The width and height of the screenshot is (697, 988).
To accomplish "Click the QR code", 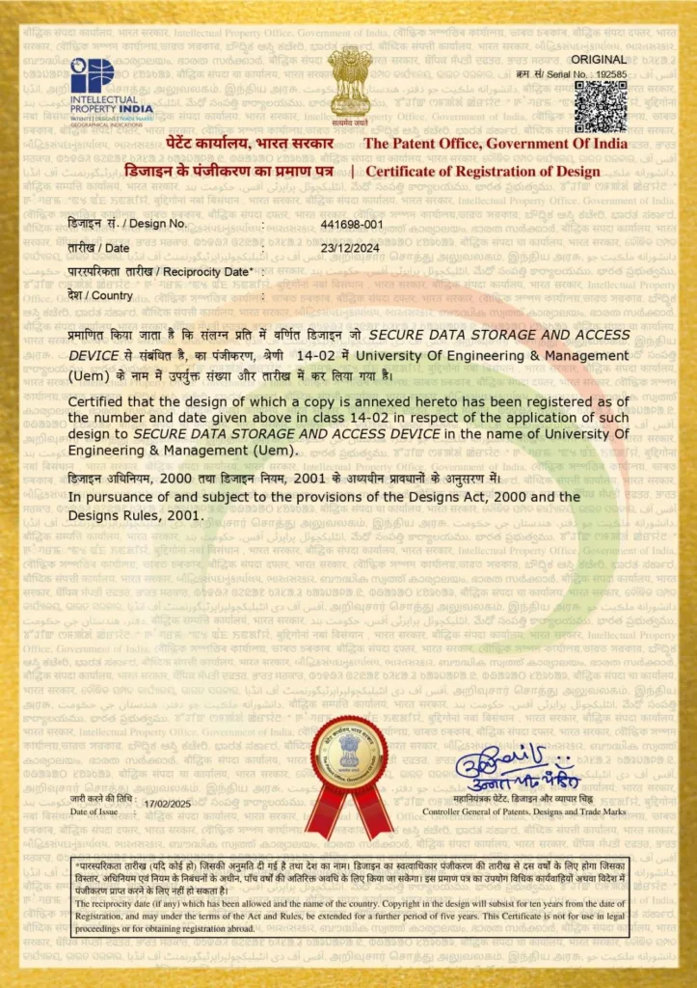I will click(600, 106).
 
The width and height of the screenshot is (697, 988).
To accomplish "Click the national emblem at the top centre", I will click(349, 86).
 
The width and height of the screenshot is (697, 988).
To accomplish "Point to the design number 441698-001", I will click(352, 224).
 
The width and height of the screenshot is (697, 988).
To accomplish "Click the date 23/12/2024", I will click(347, 248).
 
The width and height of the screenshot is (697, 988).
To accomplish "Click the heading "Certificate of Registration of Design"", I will click(482, 172).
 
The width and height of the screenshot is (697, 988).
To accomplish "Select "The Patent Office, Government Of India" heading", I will click(495, 144).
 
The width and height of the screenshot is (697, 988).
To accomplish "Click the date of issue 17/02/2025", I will click(168, 804).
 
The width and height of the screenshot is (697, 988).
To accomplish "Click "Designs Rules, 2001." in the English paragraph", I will click(135, 515).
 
